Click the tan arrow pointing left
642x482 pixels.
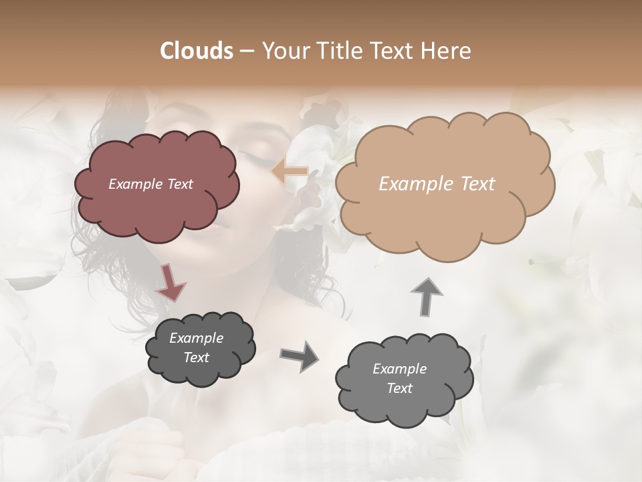290,173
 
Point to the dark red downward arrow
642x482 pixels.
171,282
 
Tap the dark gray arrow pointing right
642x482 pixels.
299,355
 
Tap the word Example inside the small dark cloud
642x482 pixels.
196,338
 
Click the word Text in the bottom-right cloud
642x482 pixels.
399,388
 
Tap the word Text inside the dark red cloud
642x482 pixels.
180,184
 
